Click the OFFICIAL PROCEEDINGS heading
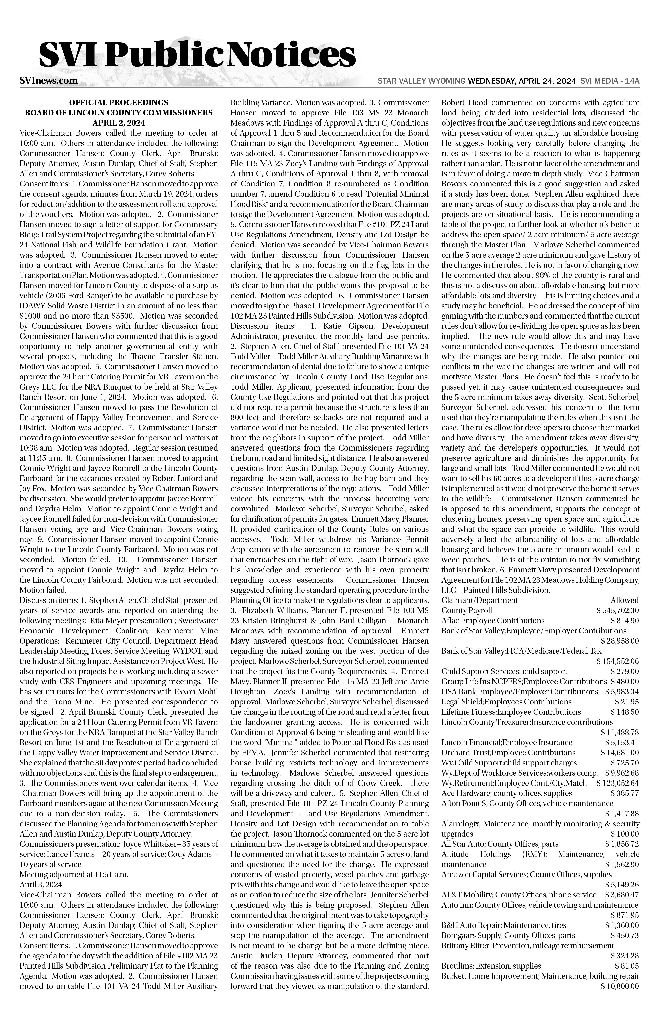tap(119, 103)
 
